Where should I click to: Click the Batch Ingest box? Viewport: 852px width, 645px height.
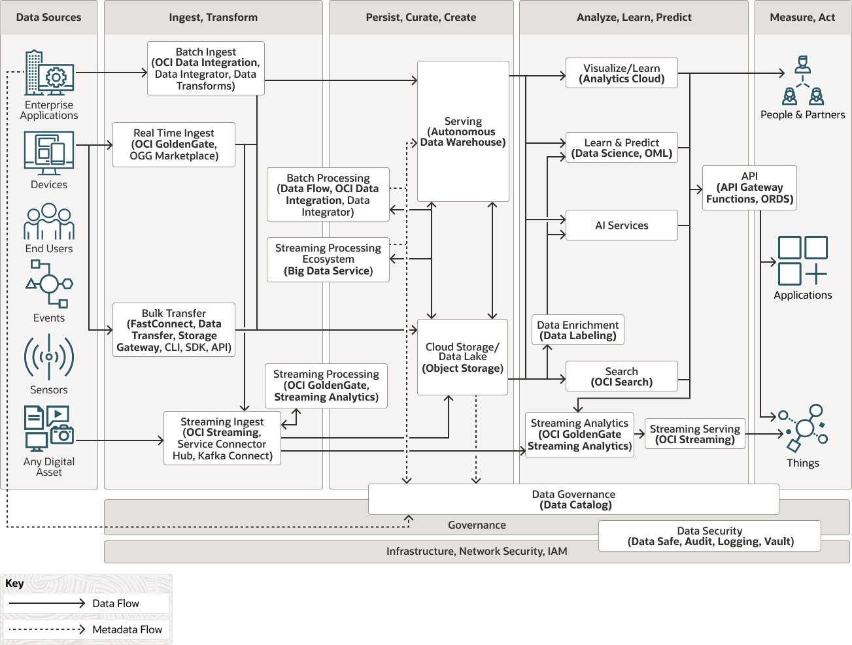(206, 68)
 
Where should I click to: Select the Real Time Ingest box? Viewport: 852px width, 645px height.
(174, 144)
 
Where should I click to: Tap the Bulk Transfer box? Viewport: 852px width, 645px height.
(174, 329)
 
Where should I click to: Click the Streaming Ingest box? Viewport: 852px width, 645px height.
(222, 438)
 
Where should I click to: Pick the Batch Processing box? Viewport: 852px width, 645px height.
(328, 194)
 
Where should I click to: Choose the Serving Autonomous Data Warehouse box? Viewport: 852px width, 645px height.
(463, 131)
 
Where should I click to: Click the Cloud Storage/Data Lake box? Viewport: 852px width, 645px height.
(462, 357)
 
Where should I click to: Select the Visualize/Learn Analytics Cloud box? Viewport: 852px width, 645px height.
(621, 73)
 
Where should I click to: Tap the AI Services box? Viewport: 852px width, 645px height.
(621, 225)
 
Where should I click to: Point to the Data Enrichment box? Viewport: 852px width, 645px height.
(577, 329)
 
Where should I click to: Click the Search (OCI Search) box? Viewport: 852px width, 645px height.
(621, 376)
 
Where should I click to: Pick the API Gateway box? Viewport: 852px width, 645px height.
(749, 188)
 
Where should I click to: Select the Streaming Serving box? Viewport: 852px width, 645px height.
(695, 434)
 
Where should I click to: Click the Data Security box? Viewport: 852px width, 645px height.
(709, 536)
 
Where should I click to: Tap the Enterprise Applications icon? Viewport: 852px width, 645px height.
(49, 73)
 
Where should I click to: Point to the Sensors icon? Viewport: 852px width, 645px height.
(49, 357)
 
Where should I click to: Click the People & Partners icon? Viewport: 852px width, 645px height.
(803, 80)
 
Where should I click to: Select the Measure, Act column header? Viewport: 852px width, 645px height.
(802, 17)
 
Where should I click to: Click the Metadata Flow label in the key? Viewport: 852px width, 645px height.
(127, 629)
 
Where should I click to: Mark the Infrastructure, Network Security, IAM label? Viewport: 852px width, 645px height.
(477, 551)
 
